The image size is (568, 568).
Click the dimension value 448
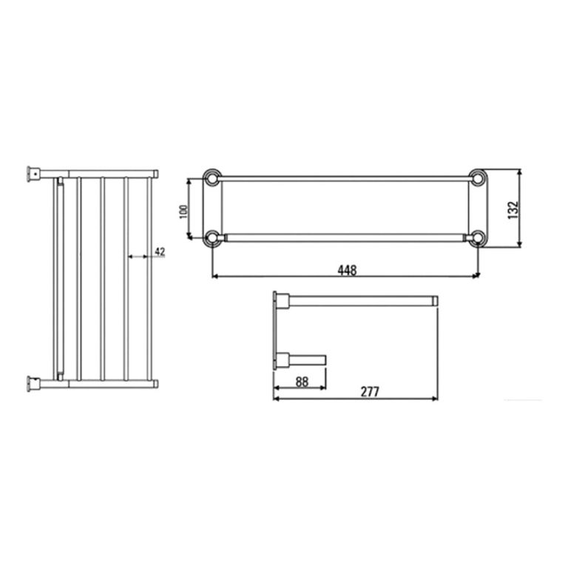[x=347, y=270]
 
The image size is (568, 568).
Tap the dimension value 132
[x=513, y=210]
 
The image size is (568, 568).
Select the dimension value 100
[x=183, y=212]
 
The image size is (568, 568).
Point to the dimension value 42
[x=160, y=251]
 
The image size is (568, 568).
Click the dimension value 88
[x=302, y=382]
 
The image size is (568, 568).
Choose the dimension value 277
[x=370, y=392]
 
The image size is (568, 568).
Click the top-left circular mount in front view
[x=212, y=178]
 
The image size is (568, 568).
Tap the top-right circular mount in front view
[x=478, y=177]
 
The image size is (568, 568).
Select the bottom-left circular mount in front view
[x=212, y=238]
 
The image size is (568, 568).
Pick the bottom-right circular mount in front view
[x=478, y=238]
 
